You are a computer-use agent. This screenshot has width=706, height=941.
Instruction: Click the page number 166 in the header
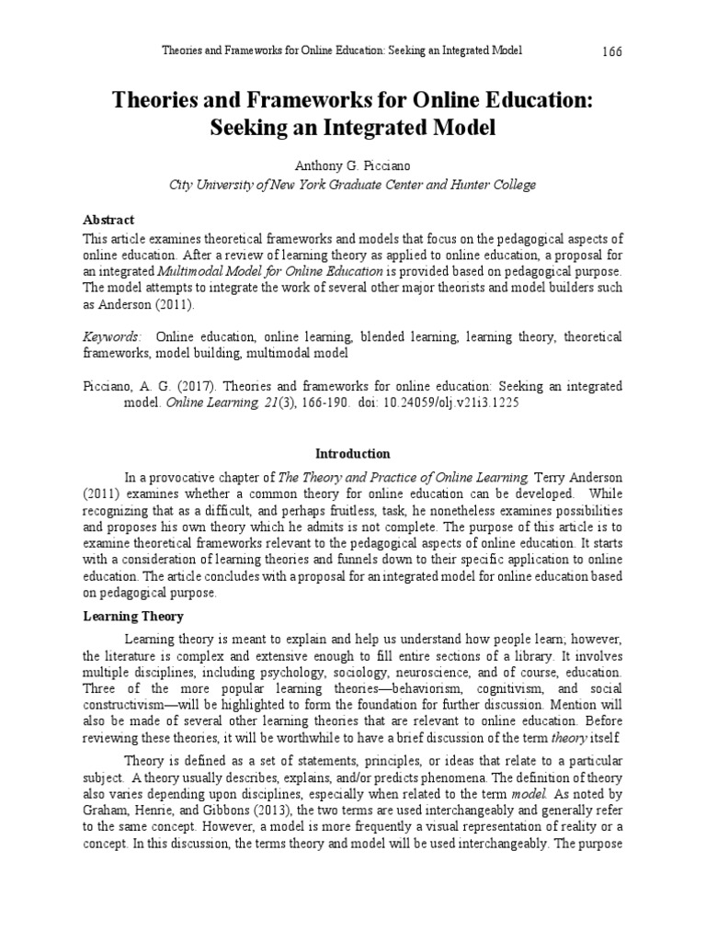(612, 51)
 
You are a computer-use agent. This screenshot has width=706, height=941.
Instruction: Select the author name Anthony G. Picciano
(352, 166)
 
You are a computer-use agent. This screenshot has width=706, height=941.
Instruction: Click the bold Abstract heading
(108, 220)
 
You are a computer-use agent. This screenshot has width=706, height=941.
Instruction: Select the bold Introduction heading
(352, 454)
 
